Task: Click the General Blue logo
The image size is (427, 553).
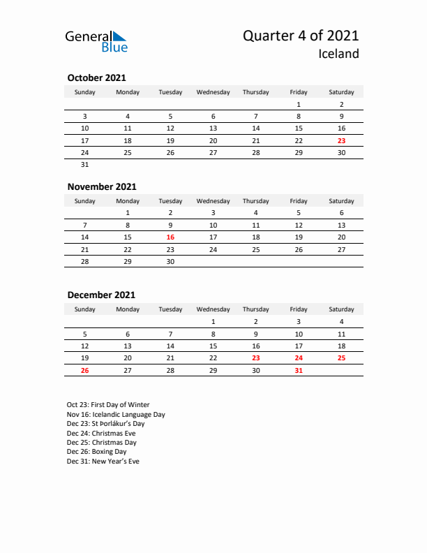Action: point(96,41)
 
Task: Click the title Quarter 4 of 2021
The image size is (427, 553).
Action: point(301,36)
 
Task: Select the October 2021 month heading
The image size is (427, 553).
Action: point(96,78)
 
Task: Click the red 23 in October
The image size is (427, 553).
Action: point(341,140)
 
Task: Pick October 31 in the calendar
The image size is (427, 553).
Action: point(85,165)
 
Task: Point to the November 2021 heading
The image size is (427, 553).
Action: point(102,186)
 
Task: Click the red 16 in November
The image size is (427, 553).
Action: point(170,237)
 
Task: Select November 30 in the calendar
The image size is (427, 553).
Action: point(170,262)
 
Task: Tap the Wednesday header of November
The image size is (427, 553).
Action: point(213,201)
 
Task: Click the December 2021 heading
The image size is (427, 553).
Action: point(101,295)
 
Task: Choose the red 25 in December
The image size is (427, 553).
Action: point(341,358)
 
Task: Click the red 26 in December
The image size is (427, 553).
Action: point(85,371)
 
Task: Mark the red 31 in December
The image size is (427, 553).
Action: point(299,371)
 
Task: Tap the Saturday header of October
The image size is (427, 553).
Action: point(341,92)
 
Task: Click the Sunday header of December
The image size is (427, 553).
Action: point(85,309)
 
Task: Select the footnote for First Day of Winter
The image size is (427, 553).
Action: point(108,405)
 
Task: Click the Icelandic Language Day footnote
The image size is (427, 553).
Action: point(116,414)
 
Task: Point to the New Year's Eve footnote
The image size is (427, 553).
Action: point(103,462)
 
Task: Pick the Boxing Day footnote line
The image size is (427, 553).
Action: point(97,452)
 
